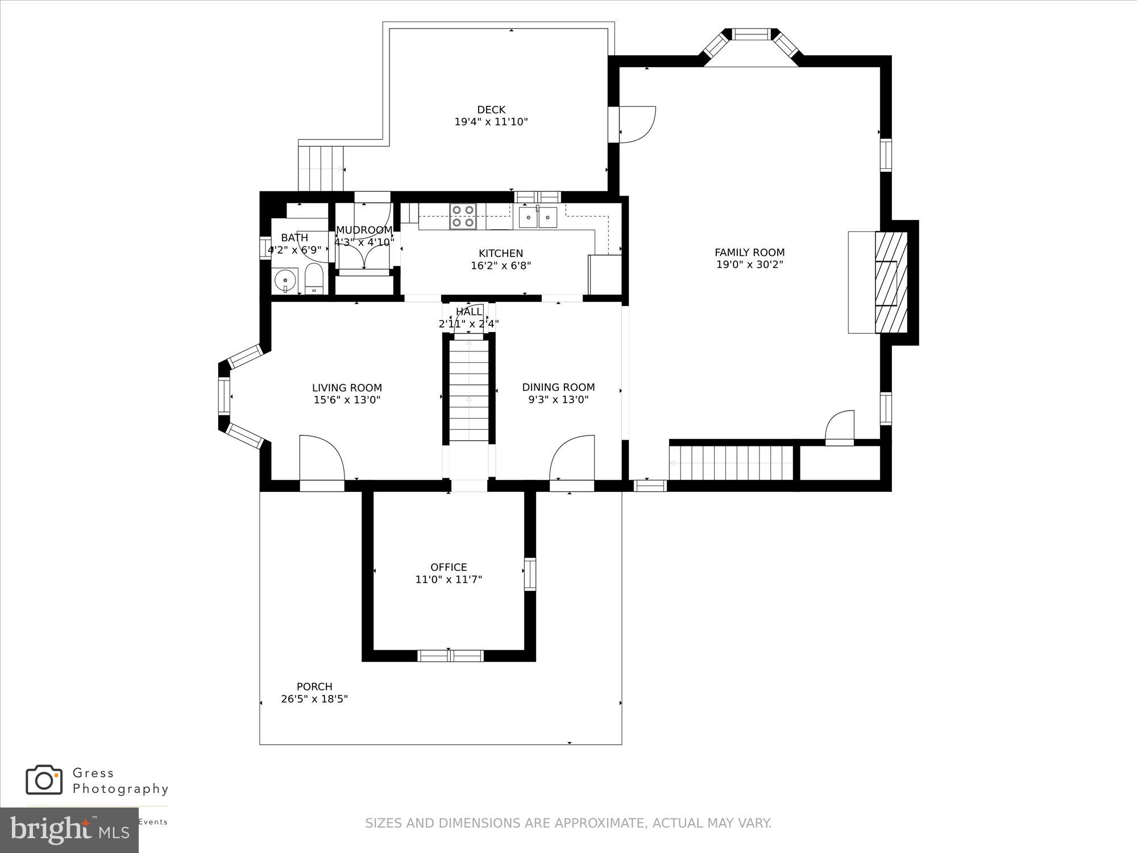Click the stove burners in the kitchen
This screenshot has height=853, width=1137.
(x=462, y=216)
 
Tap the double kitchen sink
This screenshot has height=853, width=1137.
(x=538, y=217)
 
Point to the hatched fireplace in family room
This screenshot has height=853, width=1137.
(x=890, y=282)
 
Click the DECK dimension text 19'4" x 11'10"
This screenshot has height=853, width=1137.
(x=491, y=122)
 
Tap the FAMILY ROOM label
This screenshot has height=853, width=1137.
(x=749, y=252)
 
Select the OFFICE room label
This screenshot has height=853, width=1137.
(x=449, y=567)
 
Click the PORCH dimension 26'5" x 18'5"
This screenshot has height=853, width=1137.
(x=314, y=699)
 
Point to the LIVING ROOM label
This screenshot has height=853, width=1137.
(x=347, y=388)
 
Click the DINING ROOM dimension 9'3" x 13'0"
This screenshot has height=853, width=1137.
(x=558, y=400)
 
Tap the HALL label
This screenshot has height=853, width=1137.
(x=469, y=312)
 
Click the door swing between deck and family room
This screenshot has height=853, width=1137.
(x=637, y=124)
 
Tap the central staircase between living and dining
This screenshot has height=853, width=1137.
(x=469, y=390)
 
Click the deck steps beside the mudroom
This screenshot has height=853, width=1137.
(x=321, y=168)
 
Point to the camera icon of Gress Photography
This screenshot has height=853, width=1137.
(x=44, y=780)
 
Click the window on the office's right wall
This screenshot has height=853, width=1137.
(x=529, y=574)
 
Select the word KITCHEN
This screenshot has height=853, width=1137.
(x=501, y=254)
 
